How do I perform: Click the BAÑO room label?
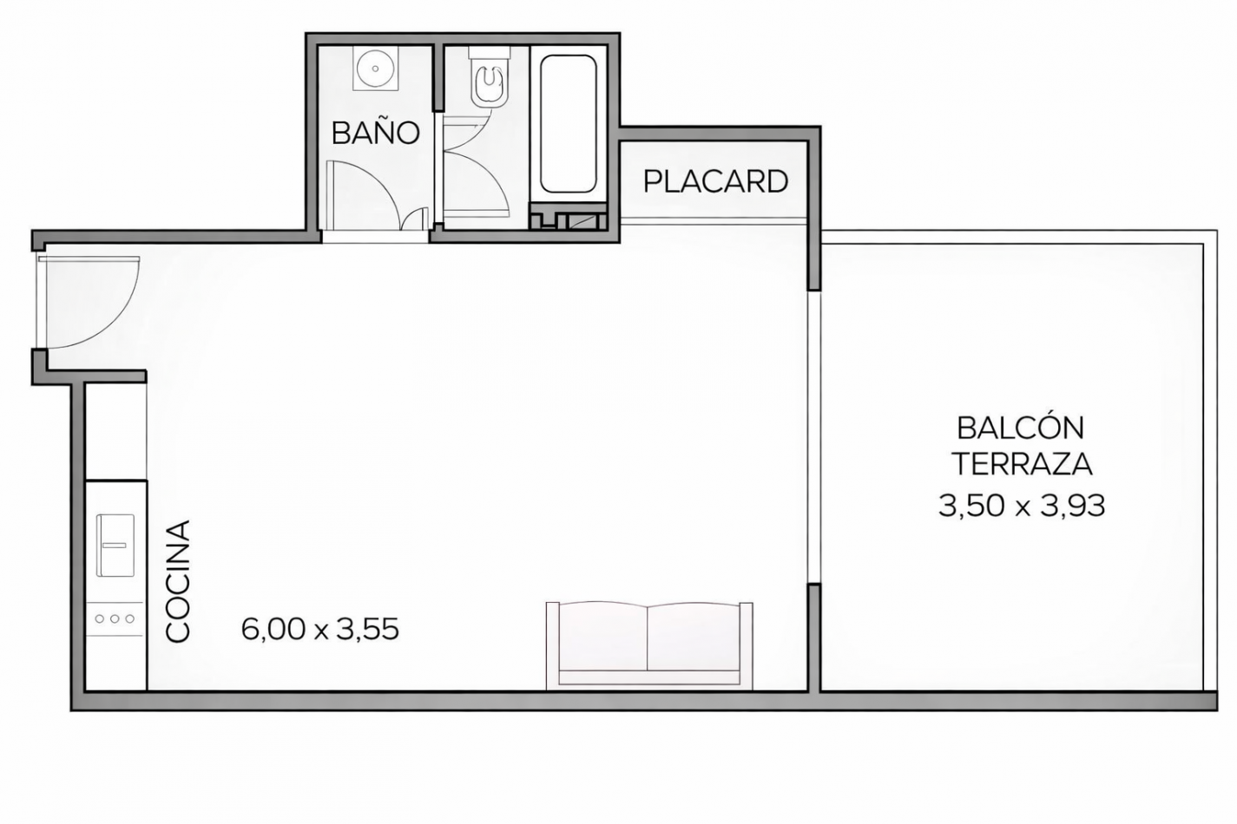(375, 133)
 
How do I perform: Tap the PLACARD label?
(715, 181)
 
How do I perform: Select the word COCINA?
(178, 581)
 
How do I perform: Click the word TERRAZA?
(1021, 464)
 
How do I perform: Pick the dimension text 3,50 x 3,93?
(1021, 505)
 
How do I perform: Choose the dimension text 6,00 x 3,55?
(319, 629)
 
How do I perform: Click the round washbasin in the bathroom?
(375, 66)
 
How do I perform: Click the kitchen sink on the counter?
(115, 545)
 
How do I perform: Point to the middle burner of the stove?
(115, 618)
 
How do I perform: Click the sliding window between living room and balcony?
(813, 438)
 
